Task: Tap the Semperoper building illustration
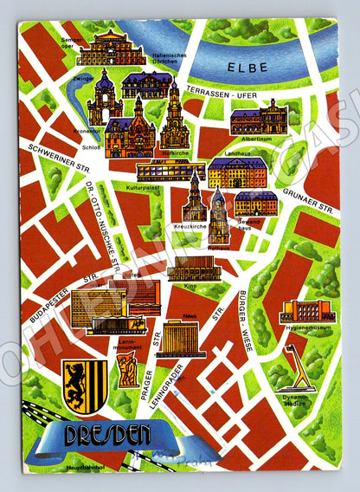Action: [110, 49]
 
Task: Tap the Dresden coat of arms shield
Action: [85, 384]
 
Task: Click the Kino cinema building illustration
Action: [193, 269]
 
